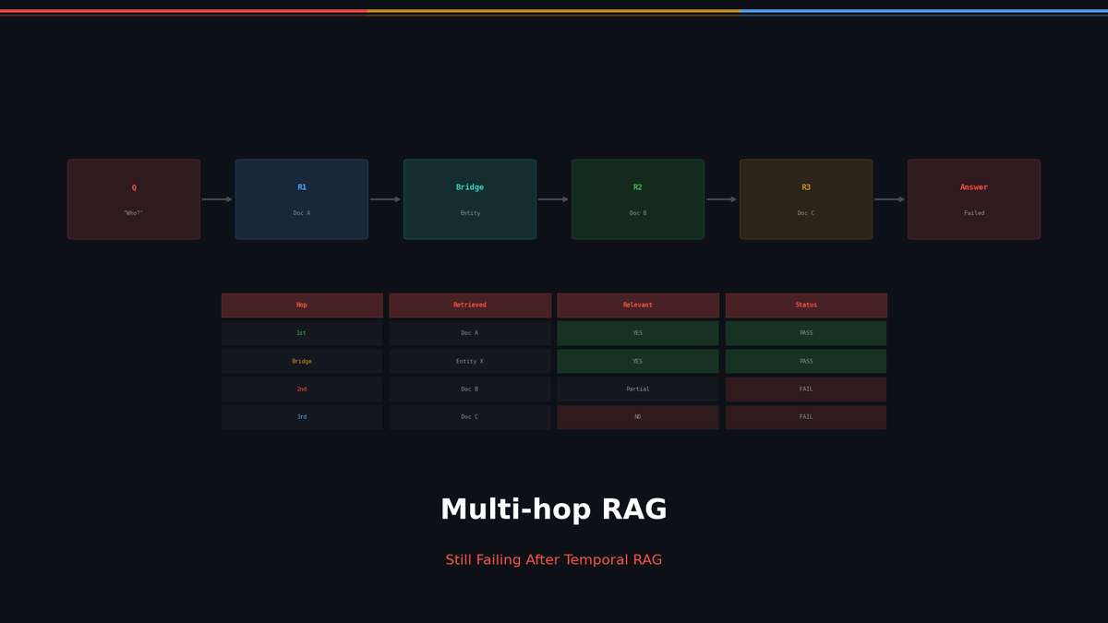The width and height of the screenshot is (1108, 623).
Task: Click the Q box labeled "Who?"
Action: [134, 199]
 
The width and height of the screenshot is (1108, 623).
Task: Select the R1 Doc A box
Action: [302, 199]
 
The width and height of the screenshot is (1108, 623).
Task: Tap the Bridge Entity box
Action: [470, 199]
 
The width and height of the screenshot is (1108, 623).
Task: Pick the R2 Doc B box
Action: [638, 199]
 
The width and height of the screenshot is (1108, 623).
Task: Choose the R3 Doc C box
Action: [806, 199]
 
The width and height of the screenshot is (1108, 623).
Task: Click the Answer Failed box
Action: [974, 199]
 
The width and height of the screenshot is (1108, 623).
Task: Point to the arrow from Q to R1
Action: [218, 199]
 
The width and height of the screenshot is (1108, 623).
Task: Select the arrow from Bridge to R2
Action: [554, 199]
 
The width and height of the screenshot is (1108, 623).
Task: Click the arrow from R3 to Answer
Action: [890, 199]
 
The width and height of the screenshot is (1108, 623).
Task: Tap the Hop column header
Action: [302, 306]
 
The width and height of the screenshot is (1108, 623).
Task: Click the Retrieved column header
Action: [470, 306]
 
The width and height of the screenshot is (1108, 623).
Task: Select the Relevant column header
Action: [638, 306]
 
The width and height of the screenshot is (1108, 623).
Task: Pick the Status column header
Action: [806, 306]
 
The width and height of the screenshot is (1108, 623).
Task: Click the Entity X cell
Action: [470, 362]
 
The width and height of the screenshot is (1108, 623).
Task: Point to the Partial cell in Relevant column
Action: [638, 389]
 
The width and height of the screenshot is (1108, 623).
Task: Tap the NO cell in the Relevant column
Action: [638, 417]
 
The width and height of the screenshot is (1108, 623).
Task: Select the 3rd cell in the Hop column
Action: [302, 417]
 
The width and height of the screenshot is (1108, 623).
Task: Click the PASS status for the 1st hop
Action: [806, 333]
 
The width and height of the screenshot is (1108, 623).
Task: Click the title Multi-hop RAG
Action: [554, 510]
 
